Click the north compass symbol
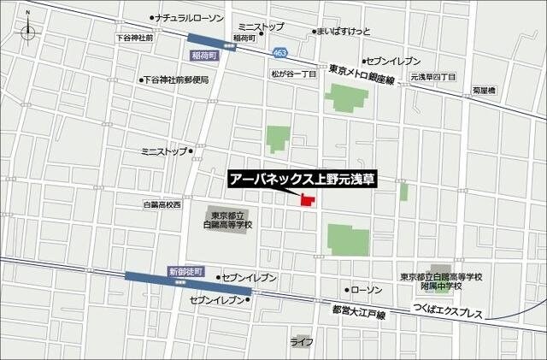click(x=28, y=33)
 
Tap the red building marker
click(x=305, y=199)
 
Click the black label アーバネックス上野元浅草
click(x=303, y=180)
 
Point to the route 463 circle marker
click(x=279, y=53)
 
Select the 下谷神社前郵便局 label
click(x=176, y=80)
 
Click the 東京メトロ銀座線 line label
click(x=362, y=80)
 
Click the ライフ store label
click(x=302, y=342)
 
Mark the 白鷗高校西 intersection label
click(x=162, y=205)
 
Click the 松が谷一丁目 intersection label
click(x=293, y=74)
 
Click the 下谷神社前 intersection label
click(x=135, y=38)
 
